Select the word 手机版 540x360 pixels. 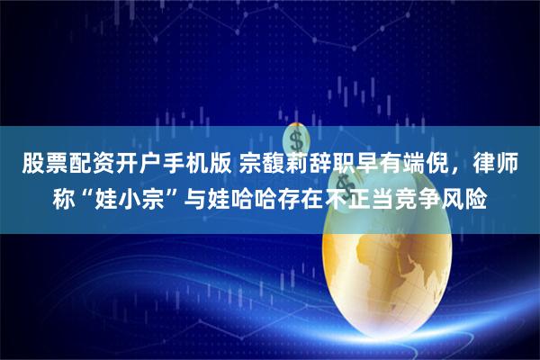(x=184, y=165)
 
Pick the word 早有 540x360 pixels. (x=370, y=165)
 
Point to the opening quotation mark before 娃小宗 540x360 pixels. (x=85, y=189)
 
